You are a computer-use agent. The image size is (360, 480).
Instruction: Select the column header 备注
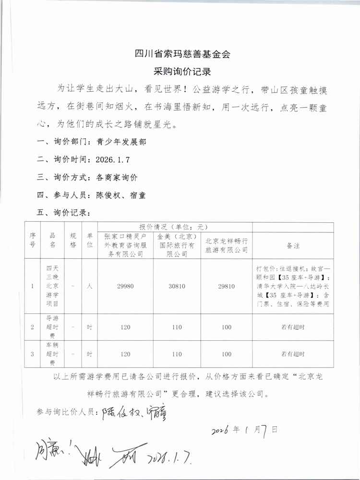point(293,245)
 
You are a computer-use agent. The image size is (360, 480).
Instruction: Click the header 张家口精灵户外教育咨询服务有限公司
point(125,245)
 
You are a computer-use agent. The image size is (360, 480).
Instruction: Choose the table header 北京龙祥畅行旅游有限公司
point(227,245)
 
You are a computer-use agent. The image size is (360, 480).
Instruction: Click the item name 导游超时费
point(52,327)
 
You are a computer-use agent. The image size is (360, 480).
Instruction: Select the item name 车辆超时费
point(52,354)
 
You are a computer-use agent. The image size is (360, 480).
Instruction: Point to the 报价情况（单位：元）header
point(175,227)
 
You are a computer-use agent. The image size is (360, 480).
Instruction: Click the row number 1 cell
point(32,286)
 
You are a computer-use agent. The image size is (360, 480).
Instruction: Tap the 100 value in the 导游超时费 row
point(227,327)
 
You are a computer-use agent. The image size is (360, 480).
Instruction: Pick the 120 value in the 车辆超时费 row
point(125,354)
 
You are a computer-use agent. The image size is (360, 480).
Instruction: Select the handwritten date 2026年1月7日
point(244,429)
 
